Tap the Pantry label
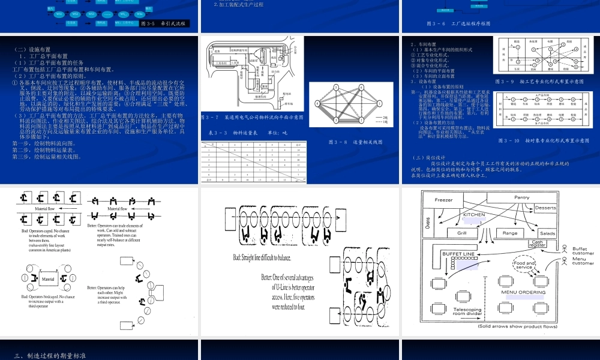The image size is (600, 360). coord(521,197)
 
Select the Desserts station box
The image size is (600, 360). coord(545,208)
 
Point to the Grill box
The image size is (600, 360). coord(463,233)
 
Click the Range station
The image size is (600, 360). coord(509,233)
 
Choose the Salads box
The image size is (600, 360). coord(547,233)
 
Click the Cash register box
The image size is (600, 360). coord(538,243)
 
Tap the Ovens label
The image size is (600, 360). coord(427,223)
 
